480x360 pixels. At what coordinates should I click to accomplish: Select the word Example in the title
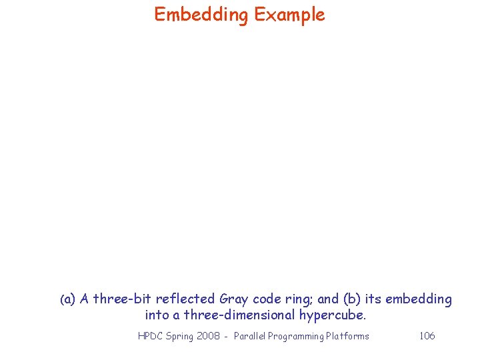click(289, 15)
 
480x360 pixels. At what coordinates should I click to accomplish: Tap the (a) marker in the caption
click(67, 300)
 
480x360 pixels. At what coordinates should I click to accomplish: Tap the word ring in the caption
click(299, 300)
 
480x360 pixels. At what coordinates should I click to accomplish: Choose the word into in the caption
click(157, 315)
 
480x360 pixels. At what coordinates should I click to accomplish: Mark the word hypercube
click(333, 315)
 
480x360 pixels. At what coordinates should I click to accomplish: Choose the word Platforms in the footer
click(347, 336)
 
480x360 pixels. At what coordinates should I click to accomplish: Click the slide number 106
click(427, 336)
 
